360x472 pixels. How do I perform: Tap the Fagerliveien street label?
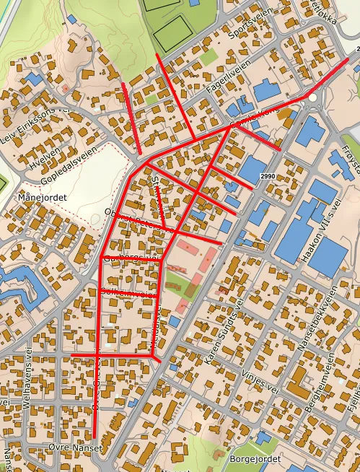(x=228, y=74)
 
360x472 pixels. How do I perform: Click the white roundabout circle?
(x=312, y=96)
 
